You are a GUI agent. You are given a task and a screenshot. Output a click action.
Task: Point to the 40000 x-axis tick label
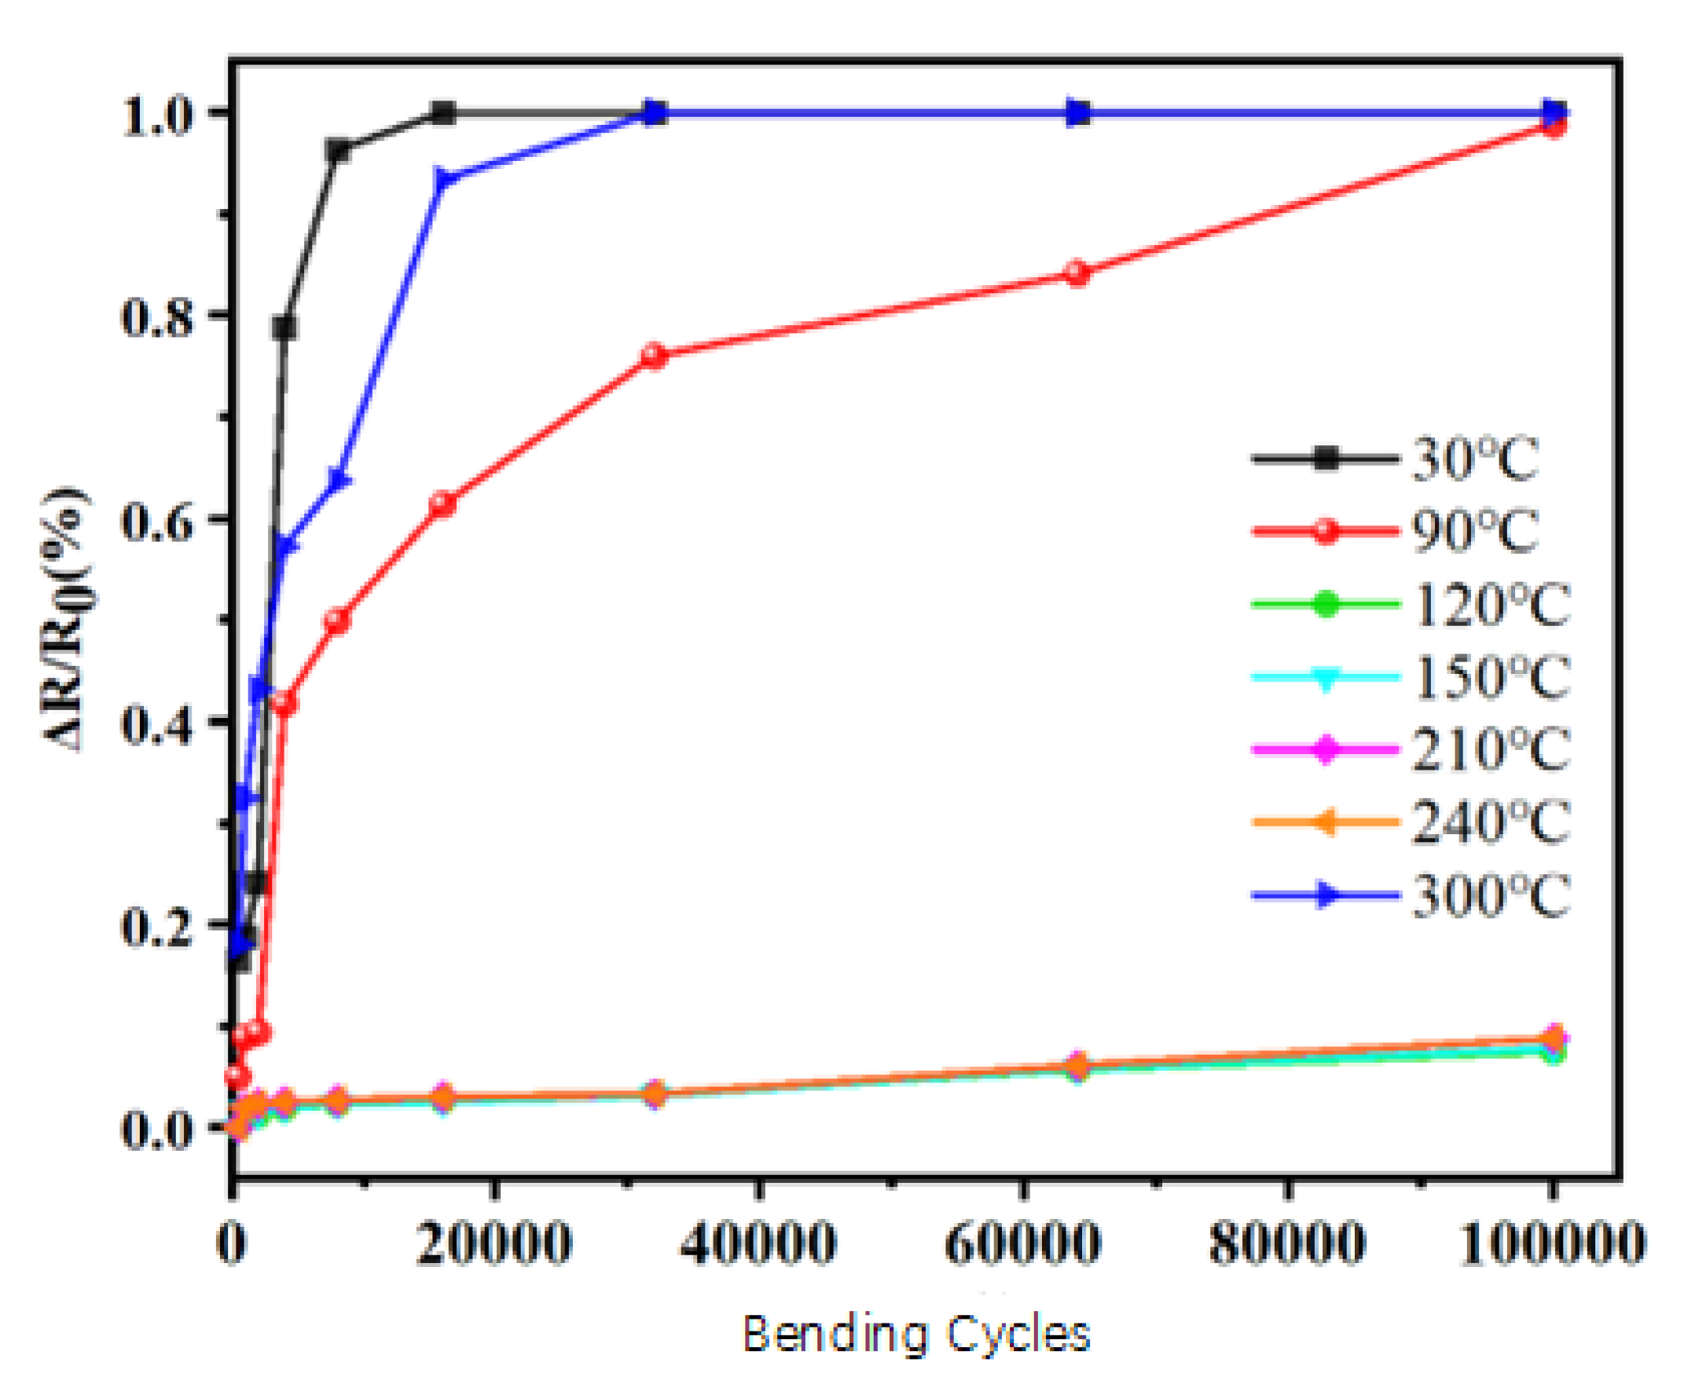point(758,1243)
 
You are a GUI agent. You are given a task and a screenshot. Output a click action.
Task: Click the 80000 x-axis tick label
point(1286,1243)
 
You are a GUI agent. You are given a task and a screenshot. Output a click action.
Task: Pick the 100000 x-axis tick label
point(1551,1243)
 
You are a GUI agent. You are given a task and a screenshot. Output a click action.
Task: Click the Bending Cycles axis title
point(915,1334)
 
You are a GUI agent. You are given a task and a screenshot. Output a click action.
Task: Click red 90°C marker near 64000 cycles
point(1079,274)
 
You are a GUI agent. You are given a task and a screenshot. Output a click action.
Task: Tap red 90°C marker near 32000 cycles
point(655,356)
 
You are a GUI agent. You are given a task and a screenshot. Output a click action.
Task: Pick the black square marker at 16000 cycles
point(442,113)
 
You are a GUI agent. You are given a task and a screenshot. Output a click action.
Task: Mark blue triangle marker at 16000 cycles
point(443,180)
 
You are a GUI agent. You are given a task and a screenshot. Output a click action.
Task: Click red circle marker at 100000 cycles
point(1554,126)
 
